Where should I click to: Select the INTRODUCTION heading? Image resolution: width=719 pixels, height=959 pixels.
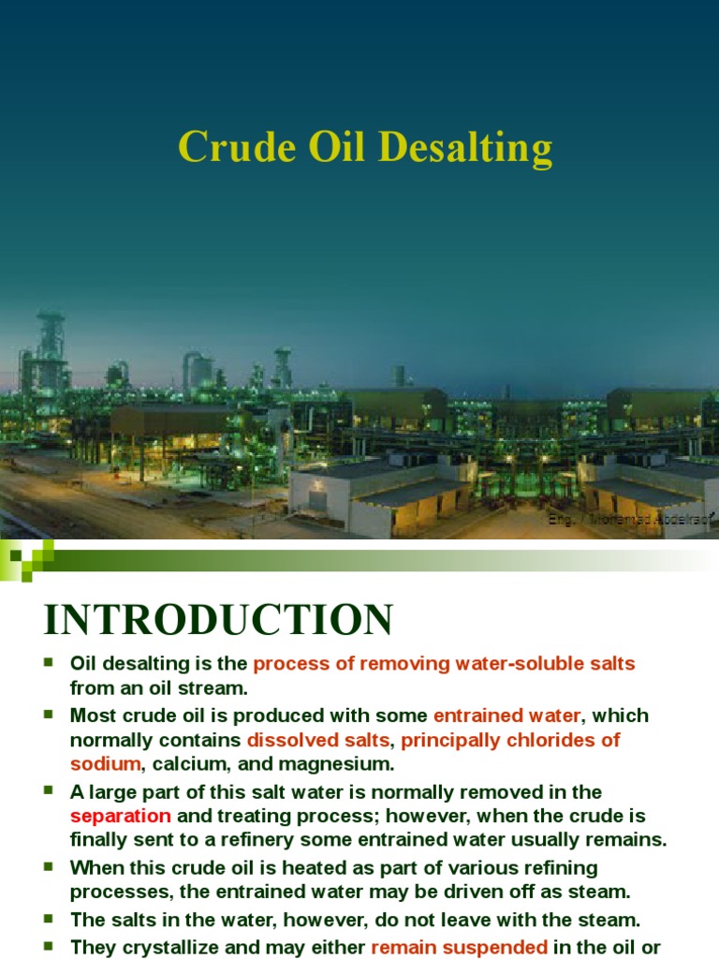point(218,621)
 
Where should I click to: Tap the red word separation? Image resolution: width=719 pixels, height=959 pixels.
point(120,815)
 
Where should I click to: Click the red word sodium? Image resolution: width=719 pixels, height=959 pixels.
point(104,764)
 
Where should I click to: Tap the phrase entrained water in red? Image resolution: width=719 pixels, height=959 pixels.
point(506,716)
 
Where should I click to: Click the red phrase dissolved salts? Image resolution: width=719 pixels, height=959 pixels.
point(317,740)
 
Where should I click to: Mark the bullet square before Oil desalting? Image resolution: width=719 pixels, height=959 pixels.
point(51,664)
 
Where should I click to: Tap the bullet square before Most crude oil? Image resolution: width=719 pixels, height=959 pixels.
point(51,716)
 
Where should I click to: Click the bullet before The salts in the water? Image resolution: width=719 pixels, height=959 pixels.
point(51,920)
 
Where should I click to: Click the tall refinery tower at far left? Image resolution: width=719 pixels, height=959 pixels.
point(51,356)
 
